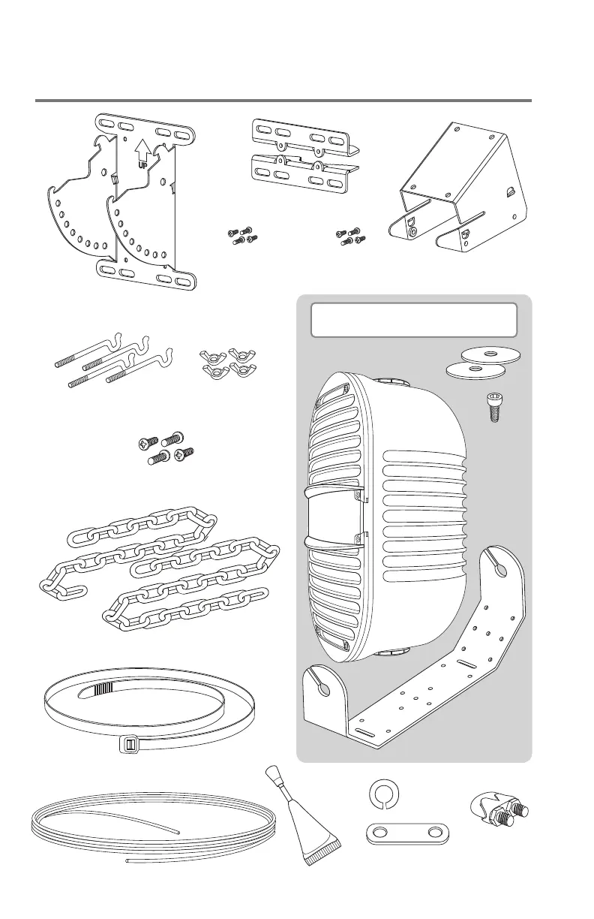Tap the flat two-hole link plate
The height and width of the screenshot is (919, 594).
(x=406, y=834)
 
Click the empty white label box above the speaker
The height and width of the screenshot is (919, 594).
(x=413, y=320)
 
